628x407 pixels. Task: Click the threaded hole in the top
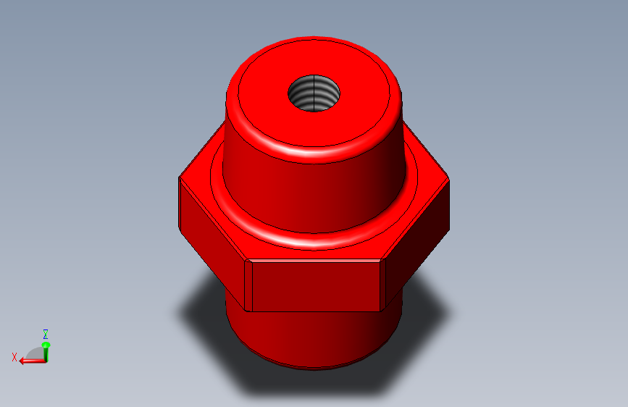(314, 93)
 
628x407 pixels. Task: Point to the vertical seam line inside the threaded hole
(314, 93)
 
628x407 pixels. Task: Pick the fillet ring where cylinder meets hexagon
(314, 240)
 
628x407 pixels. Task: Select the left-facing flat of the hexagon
(212, 240)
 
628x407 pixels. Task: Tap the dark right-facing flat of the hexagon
(417, 240)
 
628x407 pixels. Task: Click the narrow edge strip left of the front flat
(248, 286)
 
